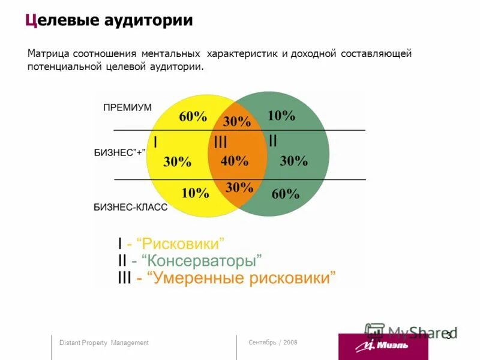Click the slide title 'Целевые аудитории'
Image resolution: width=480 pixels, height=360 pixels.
[x=109, y=20]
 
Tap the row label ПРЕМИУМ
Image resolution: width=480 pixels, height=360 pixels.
[x=127, y=107]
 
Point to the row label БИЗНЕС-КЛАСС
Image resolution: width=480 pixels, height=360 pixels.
[x=130, y=206]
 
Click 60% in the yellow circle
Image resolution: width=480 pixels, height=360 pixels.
[x=193, y=116]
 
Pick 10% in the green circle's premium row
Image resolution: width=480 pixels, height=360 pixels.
[x=281, y=115]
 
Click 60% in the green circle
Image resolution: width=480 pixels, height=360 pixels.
[x=285, y=193]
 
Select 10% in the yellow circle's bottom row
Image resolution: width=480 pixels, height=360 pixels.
[x=195, y=193]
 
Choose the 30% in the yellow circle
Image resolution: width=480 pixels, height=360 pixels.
[x=177, y=161]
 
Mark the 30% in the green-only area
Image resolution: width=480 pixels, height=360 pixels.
[x=293, y=160]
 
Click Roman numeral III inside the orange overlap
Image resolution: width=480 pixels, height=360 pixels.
[x=220, y=142]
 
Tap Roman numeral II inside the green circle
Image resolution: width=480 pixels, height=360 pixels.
[x=272, y=140]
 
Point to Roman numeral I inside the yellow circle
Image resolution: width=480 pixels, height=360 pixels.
[x=155, y=142]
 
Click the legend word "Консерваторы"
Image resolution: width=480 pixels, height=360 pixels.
[x=205, y=261]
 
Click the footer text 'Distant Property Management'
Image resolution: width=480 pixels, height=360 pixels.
[x=104, y=343]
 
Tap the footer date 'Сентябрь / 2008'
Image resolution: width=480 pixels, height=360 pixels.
[x=272, y=342]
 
